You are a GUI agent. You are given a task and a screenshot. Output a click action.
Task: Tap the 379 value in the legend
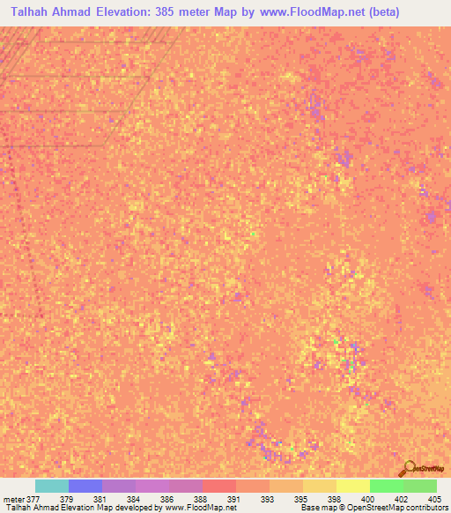(70, 498)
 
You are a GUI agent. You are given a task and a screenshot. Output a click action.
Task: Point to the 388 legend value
(201, 498)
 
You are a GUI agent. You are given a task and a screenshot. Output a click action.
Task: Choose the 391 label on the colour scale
(234, 498)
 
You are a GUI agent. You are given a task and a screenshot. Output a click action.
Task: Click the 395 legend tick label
(301, 498)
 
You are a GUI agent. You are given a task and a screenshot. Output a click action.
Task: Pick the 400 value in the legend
(368, 498)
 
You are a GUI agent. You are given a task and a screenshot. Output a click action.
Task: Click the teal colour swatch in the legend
(51, 486)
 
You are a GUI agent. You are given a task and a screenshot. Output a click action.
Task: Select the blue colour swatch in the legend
(85, 486)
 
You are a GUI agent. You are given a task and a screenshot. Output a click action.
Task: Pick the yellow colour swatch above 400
(352, 486)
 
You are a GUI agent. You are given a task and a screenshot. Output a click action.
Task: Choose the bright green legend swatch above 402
(386, 486)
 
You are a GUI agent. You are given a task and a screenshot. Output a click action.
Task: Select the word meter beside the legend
(12, 498)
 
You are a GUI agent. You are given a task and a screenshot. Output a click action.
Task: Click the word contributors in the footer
(426, 508)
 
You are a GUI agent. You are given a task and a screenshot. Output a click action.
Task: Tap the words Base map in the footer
(315, 508)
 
